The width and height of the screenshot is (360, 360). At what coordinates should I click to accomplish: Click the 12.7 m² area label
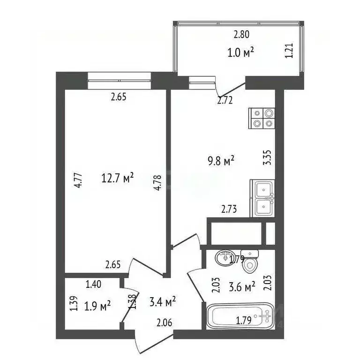(118, 178)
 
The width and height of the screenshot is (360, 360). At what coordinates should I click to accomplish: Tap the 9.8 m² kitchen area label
(221, 162)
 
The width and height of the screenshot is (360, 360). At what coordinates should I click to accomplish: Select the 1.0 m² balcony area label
(241, 52)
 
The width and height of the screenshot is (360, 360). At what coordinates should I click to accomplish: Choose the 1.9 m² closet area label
(97, 306)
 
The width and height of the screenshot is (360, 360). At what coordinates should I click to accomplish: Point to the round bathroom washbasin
(224, 258)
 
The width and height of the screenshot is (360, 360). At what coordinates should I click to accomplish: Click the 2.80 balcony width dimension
(242, 34)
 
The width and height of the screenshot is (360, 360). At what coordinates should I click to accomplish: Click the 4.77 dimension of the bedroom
(79, 180)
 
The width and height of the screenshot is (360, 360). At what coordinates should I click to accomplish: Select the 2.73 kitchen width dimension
(229, 210)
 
